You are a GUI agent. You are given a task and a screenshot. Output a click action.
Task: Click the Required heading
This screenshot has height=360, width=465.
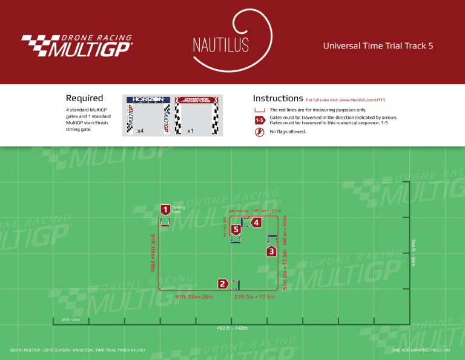pyautogui.click(x=84, y=98)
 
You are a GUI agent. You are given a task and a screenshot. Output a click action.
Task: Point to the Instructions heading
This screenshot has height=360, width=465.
pyautogui.click(x=278, y=98)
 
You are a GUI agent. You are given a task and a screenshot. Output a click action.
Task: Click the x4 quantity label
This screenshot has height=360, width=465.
pyautogui.click(x=140, y=131)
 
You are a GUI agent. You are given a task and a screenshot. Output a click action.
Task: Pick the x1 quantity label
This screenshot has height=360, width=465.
pyautogui.click(x=190, y=131)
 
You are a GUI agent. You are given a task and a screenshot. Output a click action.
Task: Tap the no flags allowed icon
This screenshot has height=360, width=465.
pyautogui.click(x=260, y=131)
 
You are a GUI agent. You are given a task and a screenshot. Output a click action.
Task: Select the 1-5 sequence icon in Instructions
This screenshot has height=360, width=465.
pyautogui.click(x=260, y=119)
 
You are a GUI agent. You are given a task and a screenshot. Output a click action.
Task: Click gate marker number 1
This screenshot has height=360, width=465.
pyautogui.click(x=165, y=209)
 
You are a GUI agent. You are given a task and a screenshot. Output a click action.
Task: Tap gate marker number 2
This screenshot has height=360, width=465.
pyautogui.click(x=223, y=284)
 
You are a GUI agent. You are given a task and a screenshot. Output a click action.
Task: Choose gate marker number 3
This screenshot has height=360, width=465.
pyautogui.click(x=272, y=251)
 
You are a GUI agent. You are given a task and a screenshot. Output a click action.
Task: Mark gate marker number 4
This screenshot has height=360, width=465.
pyautogui.click(x=257, y=223)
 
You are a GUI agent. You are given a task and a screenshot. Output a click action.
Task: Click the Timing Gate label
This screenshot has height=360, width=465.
pyautogui.click(x=178, y=210)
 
